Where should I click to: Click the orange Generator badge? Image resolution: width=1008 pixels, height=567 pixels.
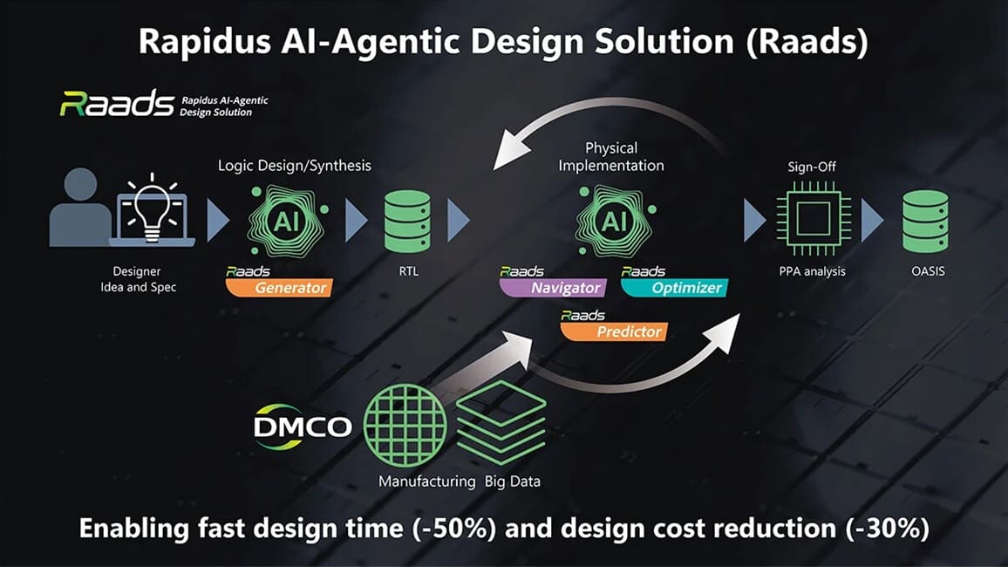click(279, 287)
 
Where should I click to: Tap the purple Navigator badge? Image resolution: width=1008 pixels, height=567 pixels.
click(553, 287)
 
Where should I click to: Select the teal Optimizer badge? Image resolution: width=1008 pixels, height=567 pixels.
click(674, 287)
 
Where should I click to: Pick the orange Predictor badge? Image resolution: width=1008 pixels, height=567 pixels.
click(614, 331)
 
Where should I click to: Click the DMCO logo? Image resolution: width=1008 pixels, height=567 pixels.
click(303, 427)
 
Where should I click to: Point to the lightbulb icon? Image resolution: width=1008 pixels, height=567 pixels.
click(152, 207)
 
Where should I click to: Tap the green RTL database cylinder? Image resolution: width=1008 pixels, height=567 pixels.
click(407, 222)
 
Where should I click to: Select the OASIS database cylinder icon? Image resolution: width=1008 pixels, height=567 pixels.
click(925, 222)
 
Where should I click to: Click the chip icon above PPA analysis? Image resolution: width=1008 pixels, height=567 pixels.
click(814, 219)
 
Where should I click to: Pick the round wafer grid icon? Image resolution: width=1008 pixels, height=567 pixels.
click(405, 425)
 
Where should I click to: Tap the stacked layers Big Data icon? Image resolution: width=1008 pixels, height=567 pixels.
click(501, 421)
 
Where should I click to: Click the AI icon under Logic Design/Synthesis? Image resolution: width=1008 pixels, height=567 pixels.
click(287, 222)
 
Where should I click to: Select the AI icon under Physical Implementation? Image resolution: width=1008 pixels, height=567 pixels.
click(615, 222)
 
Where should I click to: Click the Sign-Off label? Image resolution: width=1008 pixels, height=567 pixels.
click(812, 167)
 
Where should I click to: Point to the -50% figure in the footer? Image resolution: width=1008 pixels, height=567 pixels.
click(453, 529)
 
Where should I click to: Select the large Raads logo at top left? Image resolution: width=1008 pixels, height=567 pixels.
click(117, 104)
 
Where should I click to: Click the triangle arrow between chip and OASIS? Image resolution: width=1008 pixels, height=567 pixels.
click(872, 221)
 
